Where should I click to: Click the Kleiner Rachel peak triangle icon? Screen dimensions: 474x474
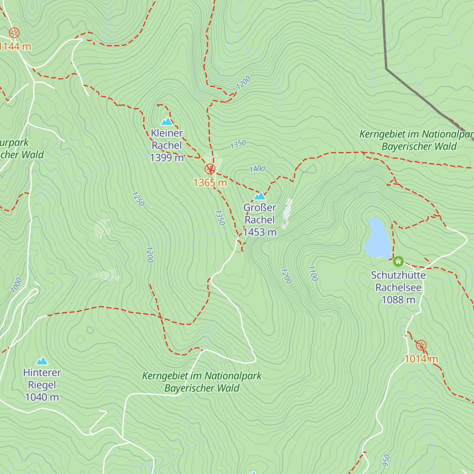click(167, 121)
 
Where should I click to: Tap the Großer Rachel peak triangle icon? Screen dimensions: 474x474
click(260, 196)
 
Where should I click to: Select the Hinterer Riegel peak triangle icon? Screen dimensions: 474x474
click(42, 361)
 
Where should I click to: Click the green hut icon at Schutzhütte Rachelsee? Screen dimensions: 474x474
click(398, 261)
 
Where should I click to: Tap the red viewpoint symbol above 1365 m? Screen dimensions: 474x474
click(210, 169)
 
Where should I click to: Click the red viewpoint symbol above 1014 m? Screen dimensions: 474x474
click(421, 346)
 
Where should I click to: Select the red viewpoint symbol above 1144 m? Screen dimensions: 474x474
click(14, 32)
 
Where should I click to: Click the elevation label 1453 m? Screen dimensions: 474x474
click(260, 232)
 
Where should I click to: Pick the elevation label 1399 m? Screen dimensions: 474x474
click(167, 158)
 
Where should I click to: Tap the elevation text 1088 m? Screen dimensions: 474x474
click(398, 300)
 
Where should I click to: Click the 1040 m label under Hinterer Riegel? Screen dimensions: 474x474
click(42, 397)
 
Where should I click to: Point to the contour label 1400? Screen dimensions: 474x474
click(257, 169)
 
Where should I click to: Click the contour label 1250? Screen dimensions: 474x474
click(138, 199)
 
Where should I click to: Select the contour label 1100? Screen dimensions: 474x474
click(312, 273)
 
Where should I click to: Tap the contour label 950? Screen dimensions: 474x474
click(386, 460)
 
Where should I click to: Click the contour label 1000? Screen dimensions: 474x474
click(17, 285)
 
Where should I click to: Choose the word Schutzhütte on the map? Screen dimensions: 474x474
click(398, 275)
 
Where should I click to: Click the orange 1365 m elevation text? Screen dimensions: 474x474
click(210, 182)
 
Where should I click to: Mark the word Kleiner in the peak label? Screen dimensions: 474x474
click(167, 133)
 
